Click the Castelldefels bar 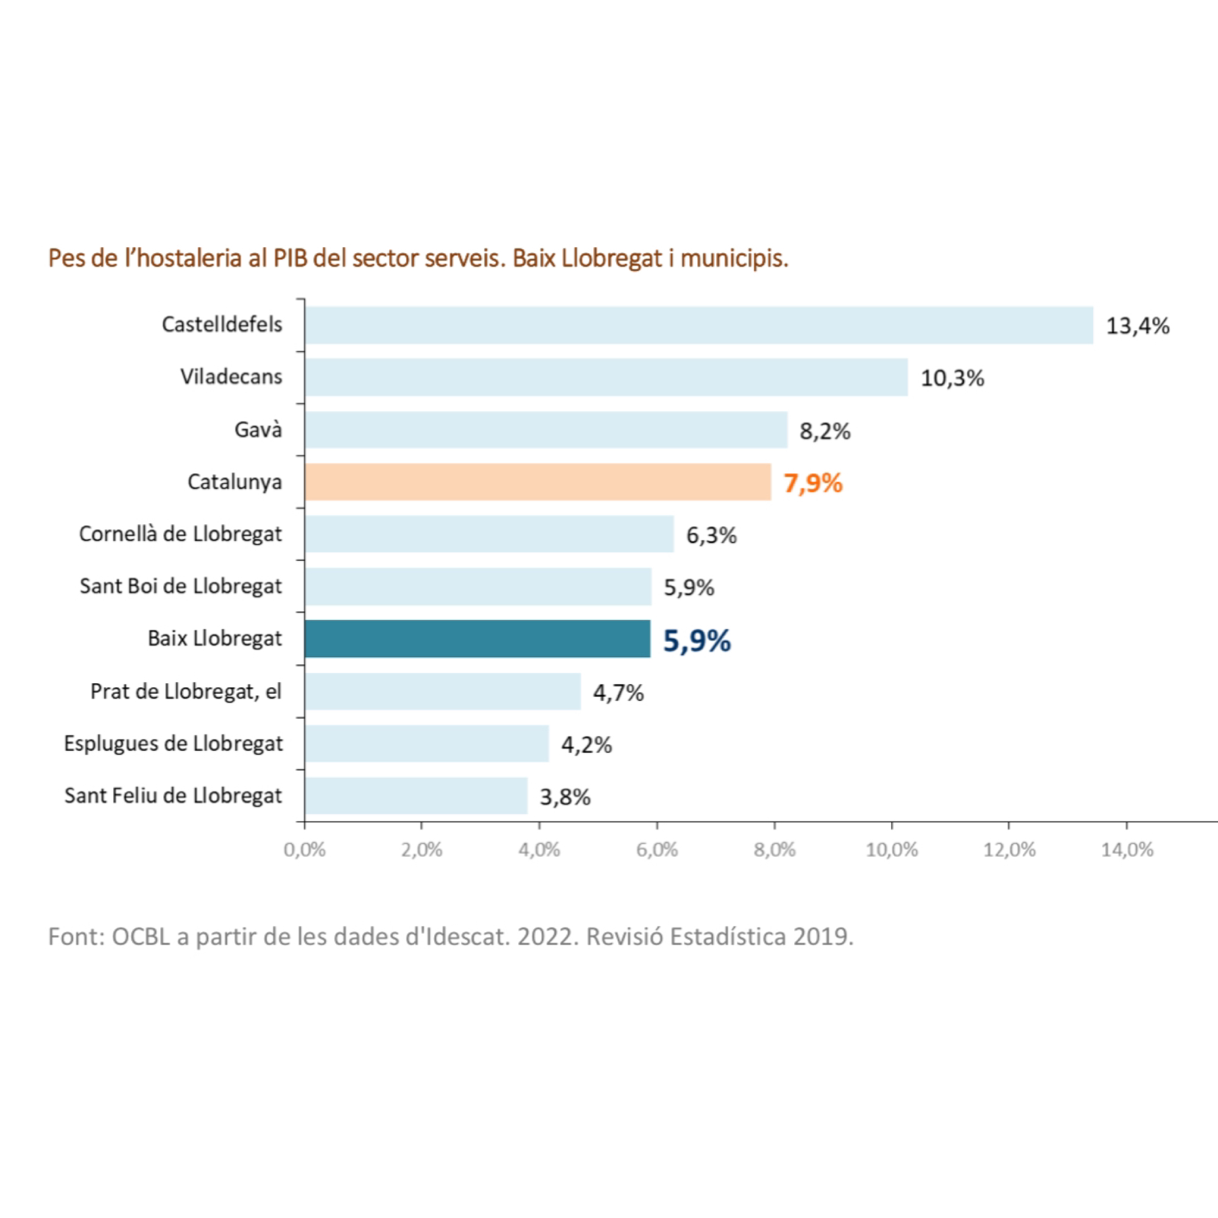click(699, 325)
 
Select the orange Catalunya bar click(538, 482)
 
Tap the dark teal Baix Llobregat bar click(477, 639)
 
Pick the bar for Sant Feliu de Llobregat click(416, 795)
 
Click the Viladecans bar click(606, 377)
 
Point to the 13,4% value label click(1137, 326)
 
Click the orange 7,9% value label click(812, 483)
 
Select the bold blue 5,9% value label click(697, 641)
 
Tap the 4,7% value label click(618, 693)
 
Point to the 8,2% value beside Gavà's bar click(825, 431)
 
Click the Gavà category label click(258, 430)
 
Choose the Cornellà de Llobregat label click(180, 534)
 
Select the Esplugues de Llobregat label click(174, 743)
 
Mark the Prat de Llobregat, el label click(185, 691)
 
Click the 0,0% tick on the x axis click(304, 850)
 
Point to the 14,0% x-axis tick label click(1127, 850)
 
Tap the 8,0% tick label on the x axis click(774, 850)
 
